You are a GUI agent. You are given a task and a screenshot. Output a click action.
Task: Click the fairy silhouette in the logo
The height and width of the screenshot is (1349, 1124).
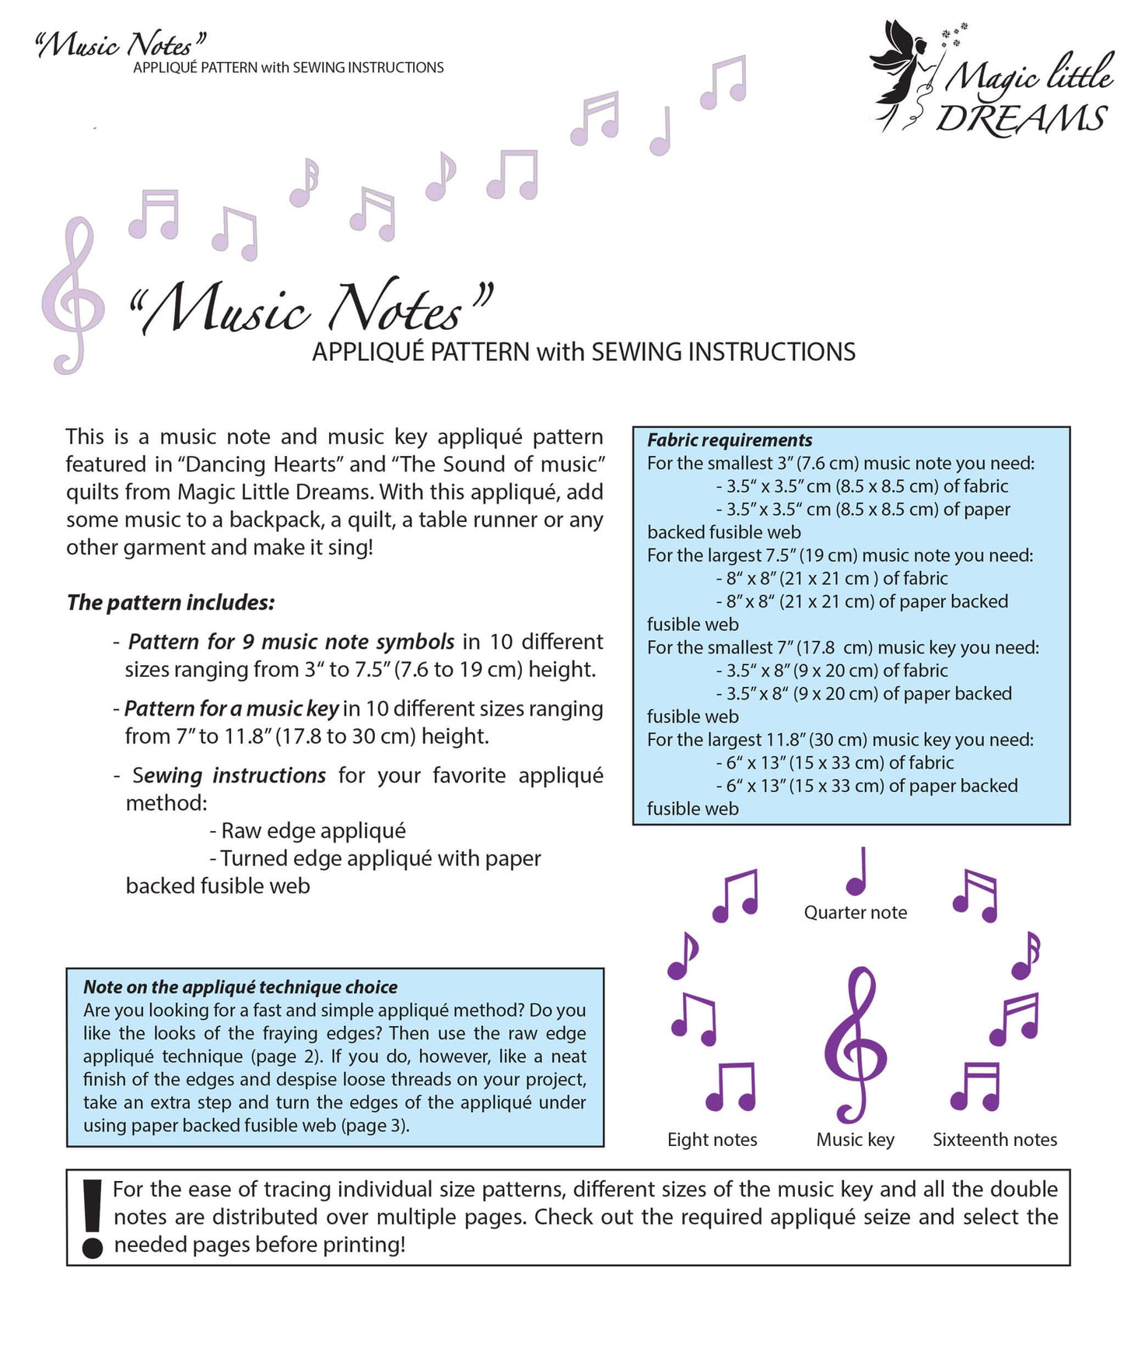point(902,70)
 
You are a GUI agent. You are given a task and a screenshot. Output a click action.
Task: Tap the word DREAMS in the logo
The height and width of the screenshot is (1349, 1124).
point(1021,119)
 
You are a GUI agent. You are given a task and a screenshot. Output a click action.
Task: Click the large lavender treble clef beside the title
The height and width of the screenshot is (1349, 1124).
point(72,296)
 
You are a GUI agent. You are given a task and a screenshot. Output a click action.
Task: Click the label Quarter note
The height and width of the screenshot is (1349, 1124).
point(855,913)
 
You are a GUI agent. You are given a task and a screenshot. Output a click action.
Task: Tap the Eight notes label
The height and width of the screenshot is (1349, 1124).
point(712,1140)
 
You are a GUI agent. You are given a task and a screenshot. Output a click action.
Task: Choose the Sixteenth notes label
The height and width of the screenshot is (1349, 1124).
point(995,1140)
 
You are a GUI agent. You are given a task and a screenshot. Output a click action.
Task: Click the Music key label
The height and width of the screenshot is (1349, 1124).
point(855,1140)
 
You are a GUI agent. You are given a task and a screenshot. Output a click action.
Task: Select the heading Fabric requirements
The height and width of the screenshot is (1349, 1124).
point(729,440)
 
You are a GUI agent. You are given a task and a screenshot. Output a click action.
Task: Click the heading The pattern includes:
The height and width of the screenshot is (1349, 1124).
point(170,603)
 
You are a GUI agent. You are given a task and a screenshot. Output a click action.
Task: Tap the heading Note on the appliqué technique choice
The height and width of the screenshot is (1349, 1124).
point(240,987)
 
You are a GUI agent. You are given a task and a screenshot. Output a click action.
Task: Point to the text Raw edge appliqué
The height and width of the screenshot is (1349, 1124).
point(313,831)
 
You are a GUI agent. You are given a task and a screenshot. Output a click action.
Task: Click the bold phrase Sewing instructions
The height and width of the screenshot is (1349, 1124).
point(229,776)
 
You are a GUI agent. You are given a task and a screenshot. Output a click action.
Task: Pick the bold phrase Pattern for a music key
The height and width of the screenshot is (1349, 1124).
point(231,709)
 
